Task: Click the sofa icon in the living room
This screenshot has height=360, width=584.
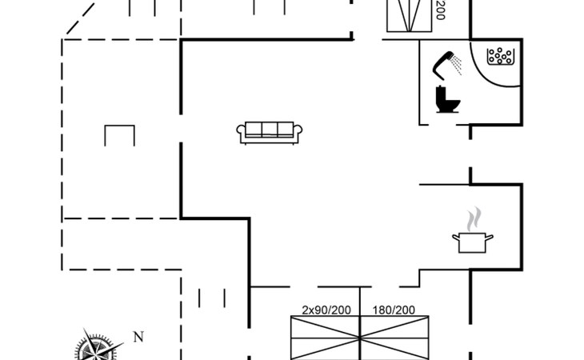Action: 270,132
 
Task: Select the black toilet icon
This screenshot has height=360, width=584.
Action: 446,101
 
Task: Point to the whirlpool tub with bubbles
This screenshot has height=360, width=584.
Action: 501,56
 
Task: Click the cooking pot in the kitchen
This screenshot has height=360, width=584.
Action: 472,242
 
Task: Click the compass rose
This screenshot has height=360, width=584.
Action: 94,349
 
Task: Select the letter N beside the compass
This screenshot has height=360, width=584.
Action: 138,336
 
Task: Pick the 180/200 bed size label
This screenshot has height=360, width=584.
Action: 394,310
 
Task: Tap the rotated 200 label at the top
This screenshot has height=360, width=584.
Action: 439,10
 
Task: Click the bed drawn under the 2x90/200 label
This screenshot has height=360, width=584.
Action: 325,338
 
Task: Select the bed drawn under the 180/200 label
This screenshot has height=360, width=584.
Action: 394,338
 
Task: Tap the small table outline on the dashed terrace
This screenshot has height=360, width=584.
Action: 119,134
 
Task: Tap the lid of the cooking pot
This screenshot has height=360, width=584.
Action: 472,235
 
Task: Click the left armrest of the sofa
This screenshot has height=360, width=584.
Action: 241,134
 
